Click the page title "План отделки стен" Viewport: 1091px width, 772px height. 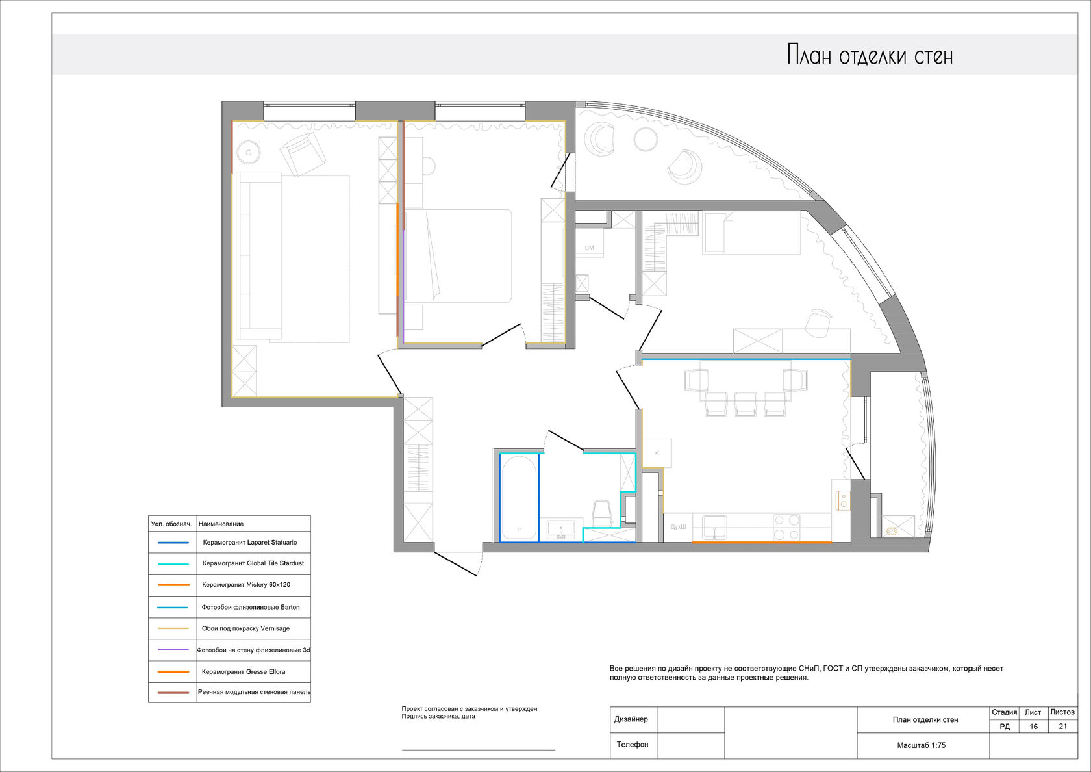pos(870,55)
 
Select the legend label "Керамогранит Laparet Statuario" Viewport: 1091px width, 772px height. pos(250,542)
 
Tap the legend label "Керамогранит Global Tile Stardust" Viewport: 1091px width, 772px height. pos(253,563)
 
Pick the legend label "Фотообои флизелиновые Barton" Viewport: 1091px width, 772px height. pos(251,607)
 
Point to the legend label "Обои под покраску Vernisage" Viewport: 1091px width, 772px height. pos(246,628)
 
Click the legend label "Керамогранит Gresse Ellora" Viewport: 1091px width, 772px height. pos(244,671)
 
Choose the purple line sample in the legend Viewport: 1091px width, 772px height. pos(173,650)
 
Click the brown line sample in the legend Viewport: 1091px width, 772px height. pos(173,693)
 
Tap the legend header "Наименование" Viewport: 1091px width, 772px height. pos(221,524)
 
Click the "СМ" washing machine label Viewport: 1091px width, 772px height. pos(590,248)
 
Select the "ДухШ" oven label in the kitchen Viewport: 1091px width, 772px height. pos(678,527)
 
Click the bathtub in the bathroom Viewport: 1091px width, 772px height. pos(520,498)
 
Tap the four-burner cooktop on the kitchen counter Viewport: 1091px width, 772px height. pos(786,527)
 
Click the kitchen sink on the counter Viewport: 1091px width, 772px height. pos(714,528)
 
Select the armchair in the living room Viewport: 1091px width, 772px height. pos(303,153)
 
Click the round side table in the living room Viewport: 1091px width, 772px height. pos(249,153)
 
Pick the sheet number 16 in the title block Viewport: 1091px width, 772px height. pos(1034,727)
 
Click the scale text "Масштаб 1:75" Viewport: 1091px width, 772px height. pos(921,745)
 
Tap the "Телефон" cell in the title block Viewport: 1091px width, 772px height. pos(633,744)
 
